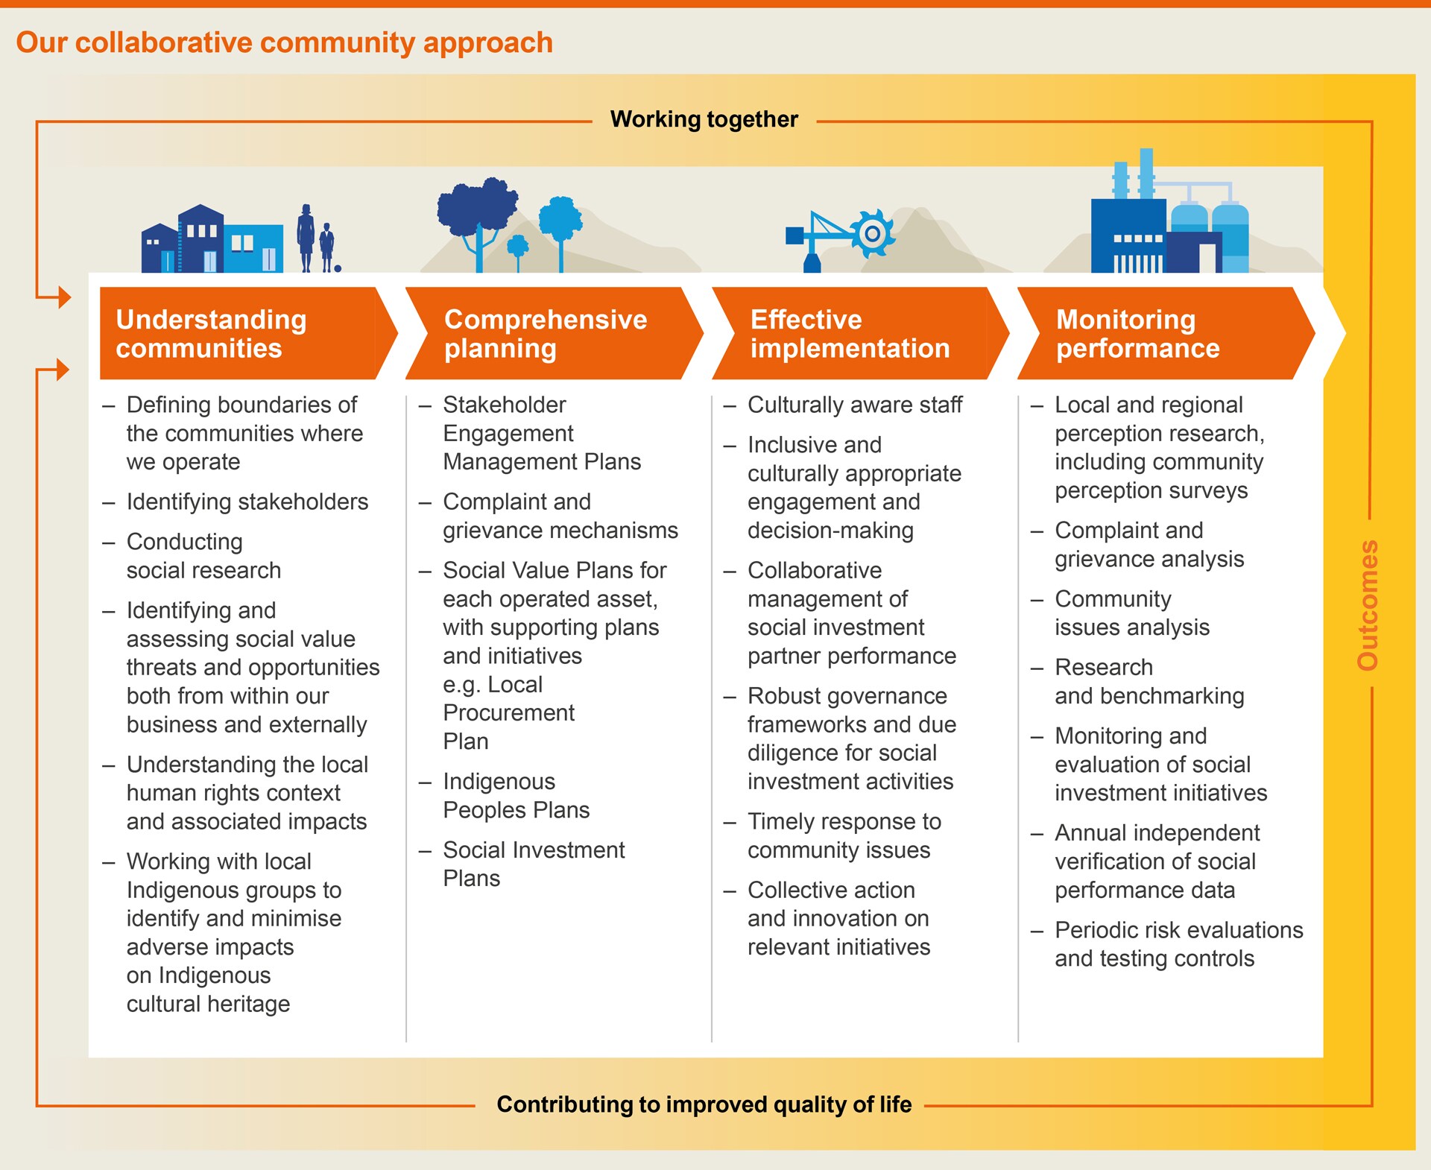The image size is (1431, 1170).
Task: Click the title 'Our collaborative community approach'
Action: (285, 43)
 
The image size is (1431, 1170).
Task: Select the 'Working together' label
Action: (704, 119)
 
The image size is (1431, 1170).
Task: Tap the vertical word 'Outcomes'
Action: (1368, 605)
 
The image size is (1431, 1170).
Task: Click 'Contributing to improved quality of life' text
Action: (704, 1104)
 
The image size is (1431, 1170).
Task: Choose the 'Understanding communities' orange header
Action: (246, 333)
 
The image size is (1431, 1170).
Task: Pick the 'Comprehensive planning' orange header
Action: (554, 333)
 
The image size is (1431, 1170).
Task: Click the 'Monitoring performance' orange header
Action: (1166, 333)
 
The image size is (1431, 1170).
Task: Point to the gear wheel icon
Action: (872, 234)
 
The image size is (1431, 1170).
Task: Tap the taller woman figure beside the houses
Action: (306, 238)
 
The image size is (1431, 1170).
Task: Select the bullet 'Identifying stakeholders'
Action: (236, 502)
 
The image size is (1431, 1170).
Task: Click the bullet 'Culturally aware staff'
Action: (843, 405)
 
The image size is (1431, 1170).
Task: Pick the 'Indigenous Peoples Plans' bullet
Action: (505, 795)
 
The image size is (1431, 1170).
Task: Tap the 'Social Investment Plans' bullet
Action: (522, 864)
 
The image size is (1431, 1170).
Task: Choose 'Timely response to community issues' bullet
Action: (833, 835)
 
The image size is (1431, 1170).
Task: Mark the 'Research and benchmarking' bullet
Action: (1137, 681)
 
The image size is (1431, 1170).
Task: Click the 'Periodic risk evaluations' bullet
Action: (1167, 944)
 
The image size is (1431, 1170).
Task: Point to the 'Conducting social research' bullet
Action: (192, 556)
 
